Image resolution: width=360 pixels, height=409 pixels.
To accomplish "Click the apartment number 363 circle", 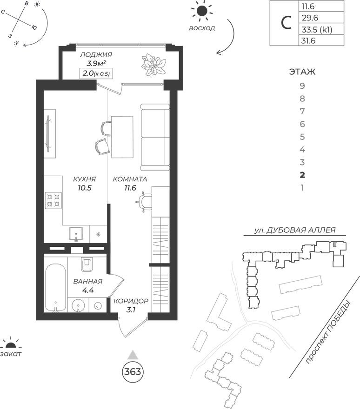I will click(x=132, y=372).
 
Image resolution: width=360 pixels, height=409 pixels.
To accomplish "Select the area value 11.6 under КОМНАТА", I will click(x=130, y=188).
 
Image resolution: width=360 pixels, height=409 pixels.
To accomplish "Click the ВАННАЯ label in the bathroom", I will click(x=88, y=282).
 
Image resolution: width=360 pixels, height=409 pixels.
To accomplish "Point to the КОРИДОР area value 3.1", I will click(x=131, y=310).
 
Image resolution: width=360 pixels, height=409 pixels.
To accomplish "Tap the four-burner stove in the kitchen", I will click(x=53, y=200).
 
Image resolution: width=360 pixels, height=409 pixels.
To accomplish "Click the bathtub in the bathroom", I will click(x=55, y=288).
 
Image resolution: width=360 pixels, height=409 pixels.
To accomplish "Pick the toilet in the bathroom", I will click(x=87, y=265).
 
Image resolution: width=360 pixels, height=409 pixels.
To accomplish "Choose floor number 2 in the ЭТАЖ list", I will click(x=302, y=175).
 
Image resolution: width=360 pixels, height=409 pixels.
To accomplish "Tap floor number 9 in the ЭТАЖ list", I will click(x=302, y=86).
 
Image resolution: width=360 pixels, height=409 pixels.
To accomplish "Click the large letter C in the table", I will click(x=283, y=23).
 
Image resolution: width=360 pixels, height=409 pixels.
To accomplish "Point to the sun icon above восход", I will click(x=202, y=11).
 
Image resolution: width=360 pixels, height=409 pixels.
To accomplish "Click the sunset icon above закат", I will click(x=11, y=344).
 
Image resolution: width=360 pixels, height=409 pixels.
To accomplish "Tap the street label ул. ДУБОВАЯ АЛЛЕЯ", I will click(x=294, y=231).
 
